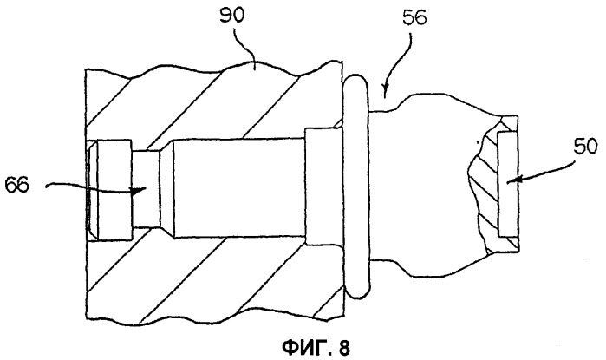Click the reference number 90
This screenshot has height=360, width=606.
click(231, 15)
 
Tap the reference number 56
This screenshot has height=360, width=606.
click(414, 17)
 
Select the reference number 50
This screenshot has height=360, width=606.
click(585, 147)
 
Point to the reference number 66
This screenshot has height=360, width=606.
click(16, 186)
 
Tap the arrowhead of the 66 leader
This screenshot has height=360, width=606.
click(139, 190)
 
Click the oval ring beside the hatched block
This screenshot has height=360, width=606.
click(356, 187)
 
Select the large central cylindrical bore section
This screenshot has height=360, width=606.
click(238, 188)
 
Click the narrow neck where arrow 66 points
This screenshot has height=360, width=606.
click(146, 189)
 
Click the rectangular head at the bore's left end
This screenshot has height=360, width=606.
click(115, 189)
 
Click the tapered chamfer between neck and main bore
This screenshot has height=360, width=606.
click(166, 189)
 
